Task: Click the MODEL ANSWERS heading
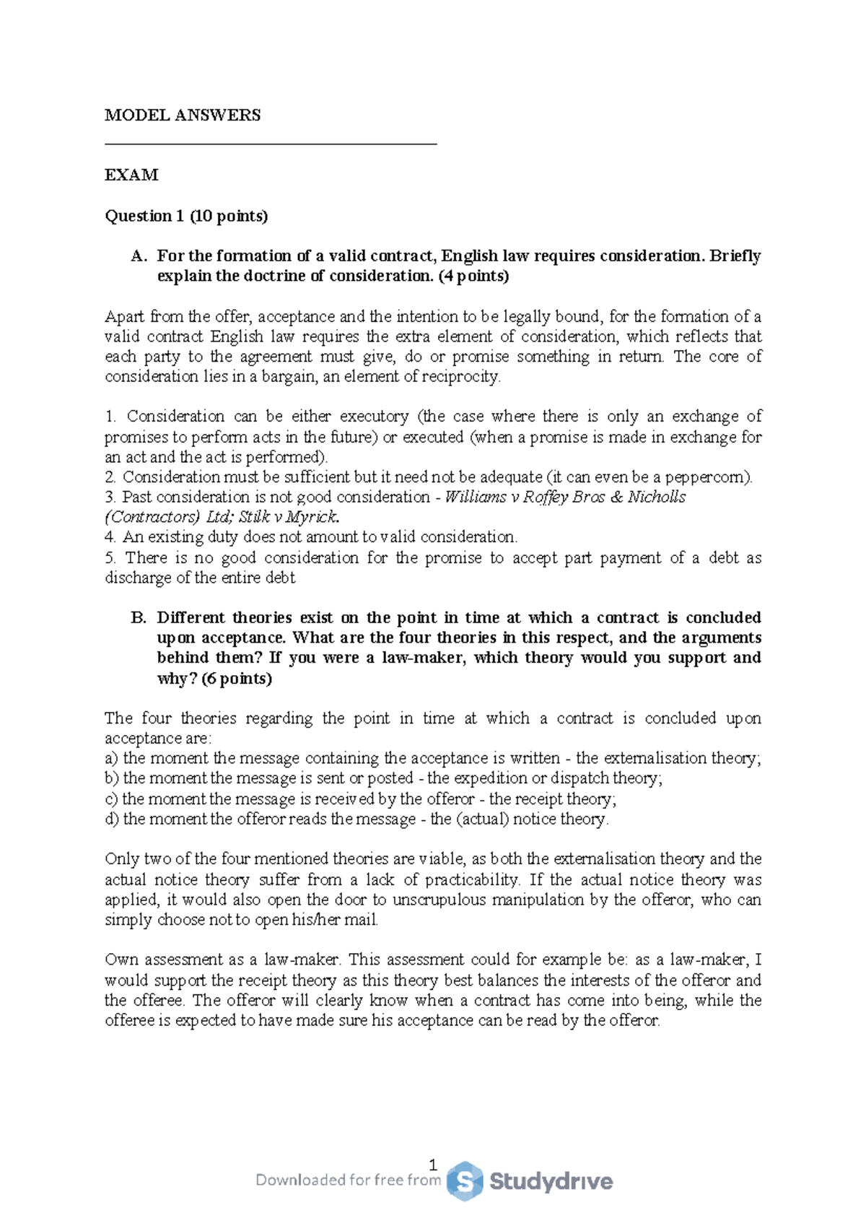tap(183, 115)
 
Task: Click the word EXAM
tap(131, 175)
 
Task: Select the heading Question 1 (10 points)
tap(186, 215)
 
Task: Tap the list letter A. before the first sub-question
tap(139, 256)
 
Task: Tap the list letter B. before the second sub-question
tap(139, 617)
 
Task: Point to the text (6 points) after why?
tap(237, 678)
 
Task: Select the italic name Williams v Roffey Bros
tap(525, 497)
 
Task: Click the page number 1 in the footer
tap(432, 1165)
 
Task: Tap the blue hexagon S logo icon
tap(464, 1181)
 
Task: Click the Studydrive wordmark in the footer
tap(551, 1181)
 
